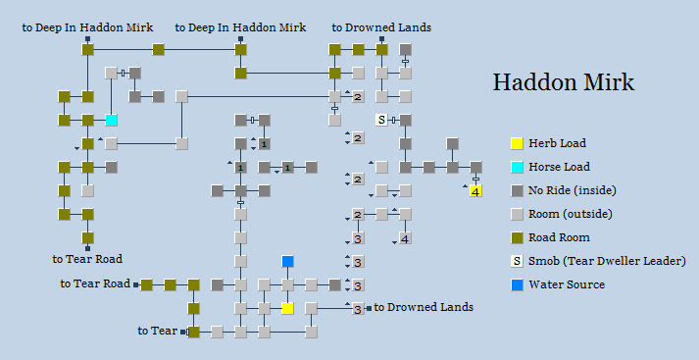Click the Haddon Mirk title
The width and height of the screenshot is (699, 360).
tap(563, 82)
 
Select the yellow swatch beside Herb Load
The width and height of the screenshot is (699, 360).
tap(516, 144)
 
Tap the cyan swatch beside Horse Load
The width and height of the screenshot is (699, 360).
tap(516, 168)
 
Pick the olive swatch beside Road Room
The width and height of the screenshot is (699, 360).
tap(516, 238)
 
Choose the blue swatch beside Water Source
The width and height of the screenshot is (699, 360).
tap(516, 285)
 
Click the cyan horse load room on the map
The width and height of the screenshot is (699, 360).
tap(112, 121)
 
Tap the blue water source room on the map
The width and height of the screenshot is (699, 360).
tap(288, 262)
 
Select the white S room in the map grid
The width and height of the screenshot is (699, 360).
tap(382, 121)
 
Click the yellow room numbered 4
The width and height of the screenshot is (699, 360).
tap(476, 190)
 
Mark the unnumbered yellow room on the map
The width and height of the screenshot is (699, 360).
tap(288, 309)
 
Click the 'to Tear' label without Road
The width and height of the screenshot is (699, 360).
tap(157, 331)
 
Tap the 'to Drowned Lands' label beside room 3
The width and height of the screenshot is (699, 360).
tap(424, 307)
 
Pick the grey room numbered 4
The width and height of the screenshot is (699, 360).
tap(406, 238)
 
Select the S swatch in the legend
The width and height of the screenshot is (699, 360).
tap(516, 262)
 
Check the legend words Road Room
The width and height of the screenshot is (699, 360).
tap(559, 238)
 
